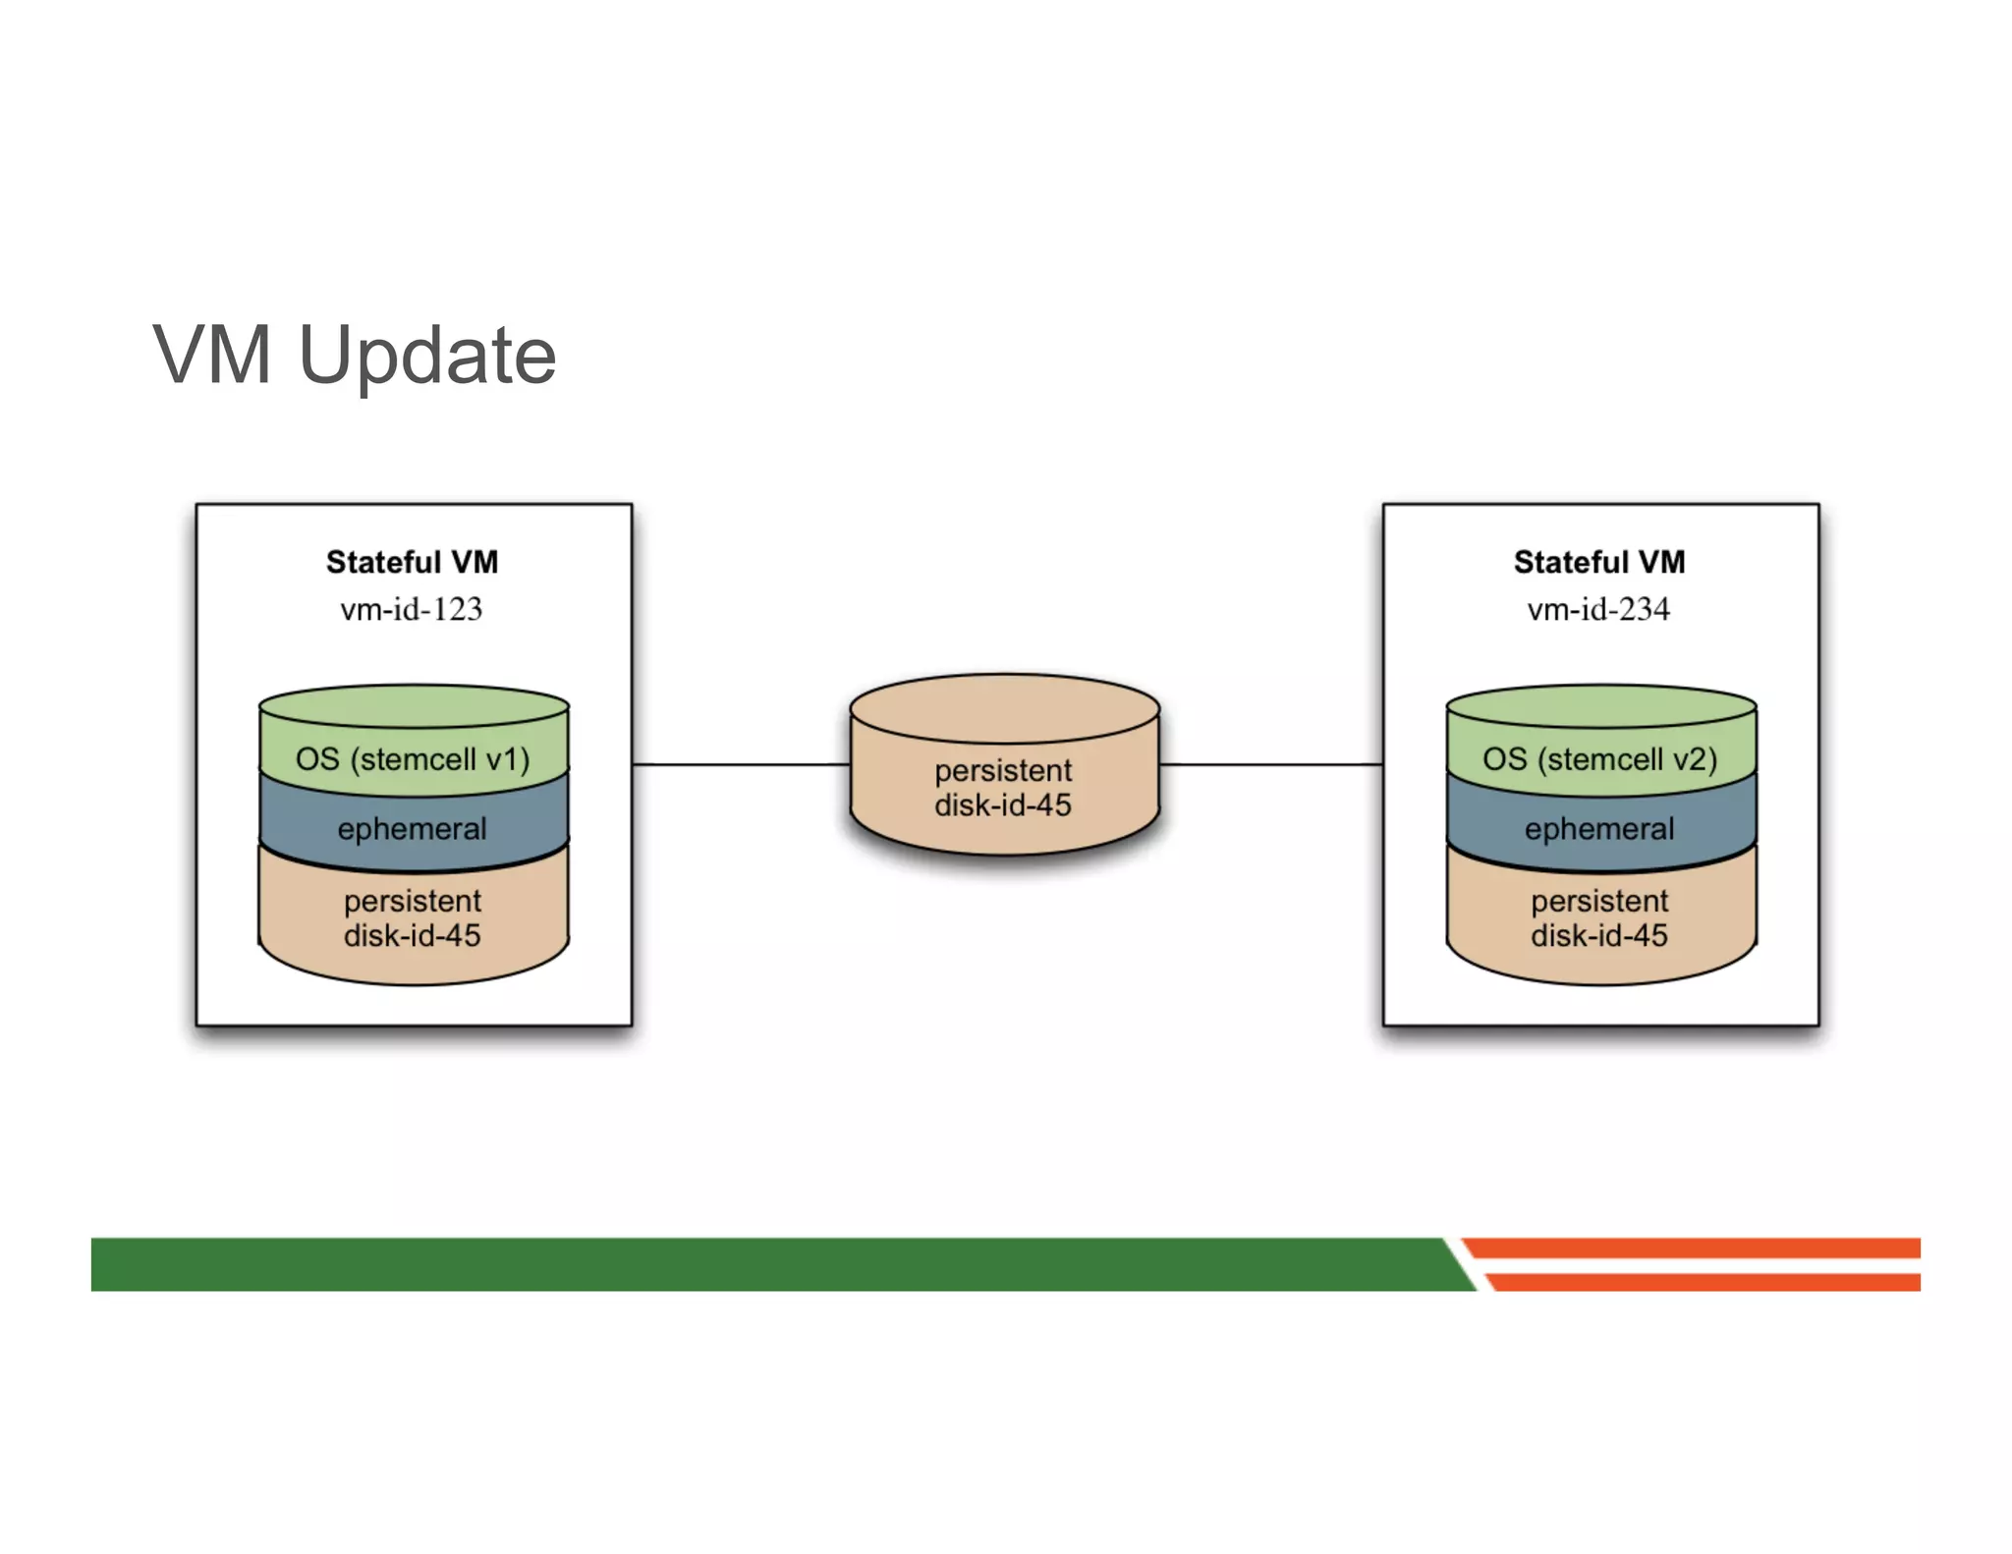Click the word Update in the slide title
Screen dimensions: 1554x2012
427,356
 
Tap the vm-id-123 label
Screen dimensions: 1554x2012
412,609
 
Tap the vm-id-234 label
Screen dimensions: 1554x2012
1598,609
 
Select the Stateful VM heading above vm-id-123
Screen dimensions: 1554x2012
412,562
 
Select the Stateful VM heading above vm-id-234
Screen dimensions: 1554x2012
1598,562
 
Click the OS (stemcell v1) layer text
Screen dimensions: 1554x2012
413,759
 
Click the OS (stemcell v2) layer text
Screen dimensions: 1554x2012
1599,759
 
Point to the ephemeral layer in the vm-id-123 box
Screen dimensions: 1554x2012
413,828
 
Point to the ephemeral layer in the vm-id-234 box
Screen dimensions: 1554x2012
1599,828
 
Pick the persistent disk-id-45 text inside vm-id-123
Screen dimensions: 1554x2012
413,917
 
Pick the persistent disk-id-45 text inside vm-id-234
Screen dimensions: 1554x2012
1599,917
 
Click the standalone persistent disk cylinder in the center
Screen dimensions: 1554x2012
1003,787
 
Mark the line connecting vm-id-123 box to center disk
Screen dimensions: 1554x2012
741,763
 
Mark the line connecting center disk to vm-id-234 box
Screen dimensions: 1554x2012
1270,763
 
